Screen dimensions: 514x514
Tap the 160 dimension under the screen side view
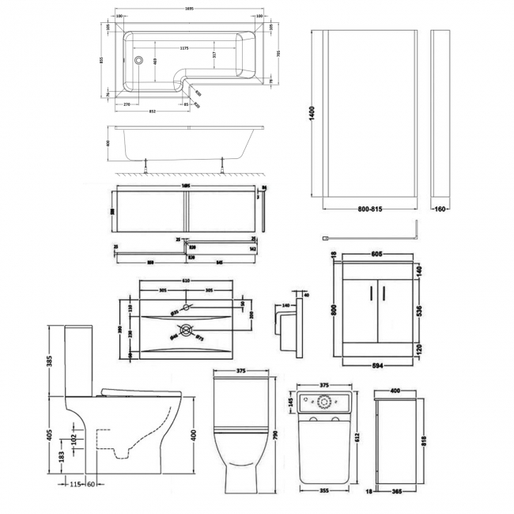coord(440,211)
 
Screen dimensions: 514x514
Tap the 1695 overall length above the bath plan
coord(192,10)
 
